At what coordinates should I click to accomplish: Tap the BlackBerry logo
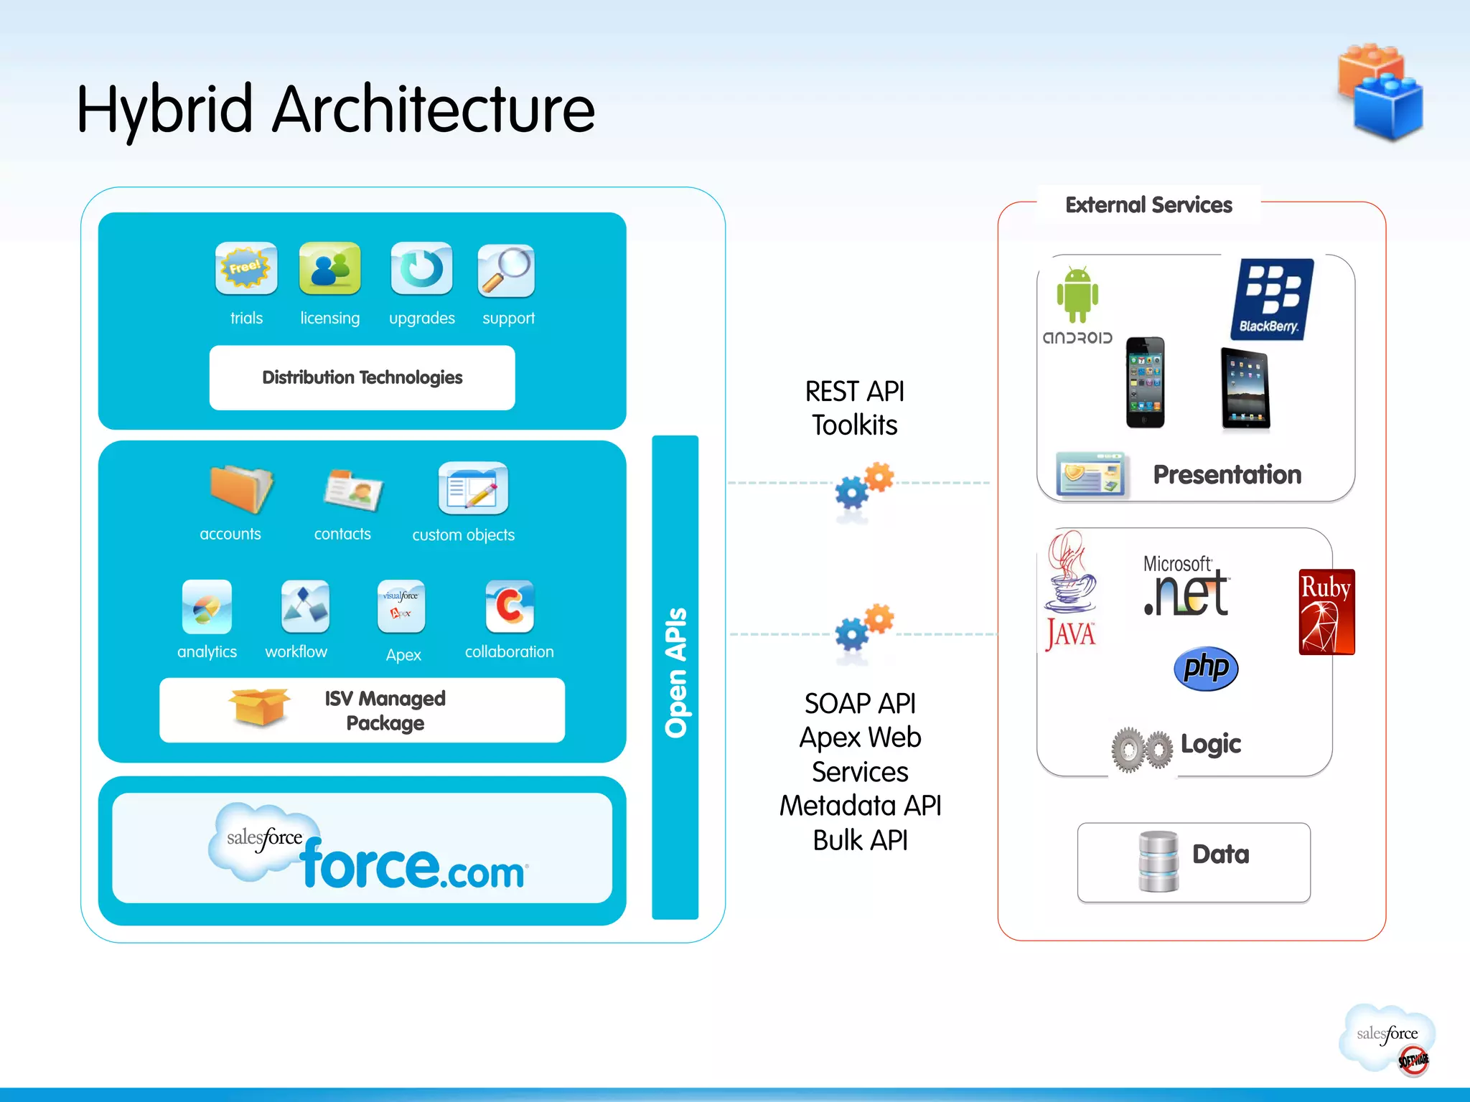click(x=1272, y=299)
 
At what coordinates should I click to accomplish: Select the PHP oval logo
click(x=1206, y=668)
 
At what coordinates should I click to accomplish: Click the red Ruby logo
click(x=1326, y=612)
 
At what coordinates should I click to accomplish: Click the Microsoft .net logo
click(x=1186, y=587)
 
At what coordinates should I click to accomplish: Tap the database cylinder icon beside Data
click(x=1158, y=861)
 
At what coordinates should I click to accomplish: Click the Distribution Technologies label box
click(x=362, y=377)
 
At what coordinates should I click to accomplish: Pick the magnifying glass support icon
click(x=506, y=270)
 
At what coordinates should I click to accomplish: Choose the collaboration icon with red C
click(x=510, y=606)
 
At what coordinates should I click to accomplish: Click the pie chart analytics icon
click(x=207, y=607)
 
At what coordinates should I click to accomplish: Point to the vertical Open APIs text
click(x=675, y=672)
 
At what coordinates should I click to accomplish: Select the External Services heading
click(x=1148, y=205)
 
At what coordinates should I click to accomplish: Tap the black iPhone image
click(x=1145, y=382)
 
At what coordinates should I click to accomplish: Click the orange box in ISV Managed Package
click(x=259, y=707)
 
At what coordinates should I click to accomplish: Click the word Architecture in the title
click(x=434, y=110)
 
